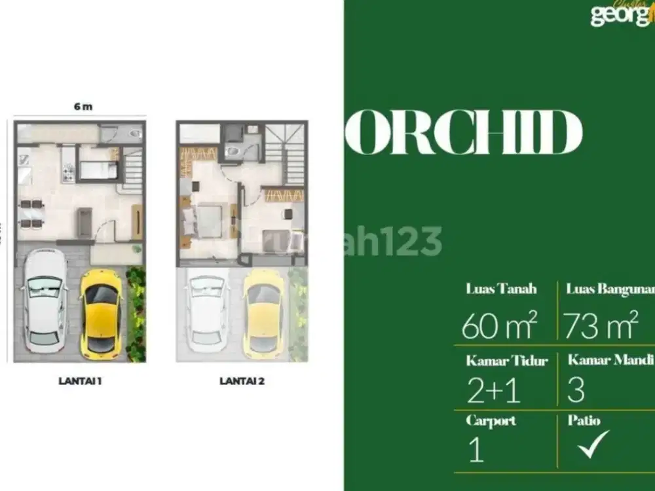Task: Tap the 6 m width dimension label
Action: click(x=83, y=107)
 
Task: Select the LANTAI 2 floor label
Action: click(x=242, y=380)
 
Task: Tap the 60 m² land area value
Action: click(x=499, y=325)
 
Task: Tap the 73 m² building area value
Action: click(x=601, y=325)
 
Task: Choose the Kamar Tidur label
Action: click(x=507, y=361)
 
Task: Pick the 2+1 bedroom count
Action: click(x=493, y=391)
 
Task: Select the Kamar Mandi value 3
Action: click(x=576, y=391)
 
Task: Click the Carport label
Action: click(x=491, y=421)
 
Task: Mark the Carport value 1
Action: click(x=476, y=452)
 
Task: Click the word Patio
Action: click(x=584, y=421)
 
